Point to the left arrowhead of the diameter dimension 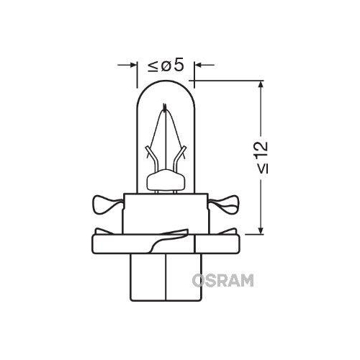point(134,66)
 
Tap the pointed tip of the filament point(166,109)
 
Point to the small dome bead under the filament point(166,179)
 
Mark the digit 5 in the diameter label point(179,66)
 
